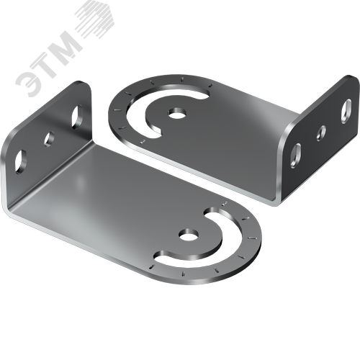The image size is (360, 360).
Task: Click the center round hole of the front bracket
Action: click(x=189, y=235)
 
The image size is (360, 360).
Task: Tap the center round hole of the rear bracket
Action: click(x=177, y=113)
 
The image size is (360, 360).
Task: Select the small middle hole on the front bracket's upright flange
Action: click(x=49, y=139)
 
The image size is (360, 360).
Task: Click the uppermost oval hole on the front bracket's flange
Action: click(x=77, y=117)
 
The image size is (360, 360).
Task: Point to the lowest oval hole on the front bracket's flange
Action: click(x=21, y=161)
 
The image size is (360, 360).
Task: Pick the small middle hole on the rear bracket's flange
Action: click(x=321, y=132)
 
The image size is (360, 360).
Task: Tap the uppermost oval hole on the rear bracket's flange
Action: click(x=346, y=111)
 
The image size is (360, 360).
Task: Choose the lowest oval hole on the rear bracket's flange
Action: click(x=295, y=156)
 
